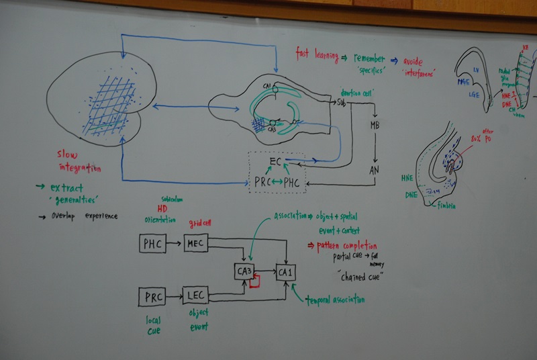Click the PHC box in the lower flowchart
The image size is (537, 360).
click(152, 244)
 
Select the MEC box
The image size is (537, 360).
click(196, 243)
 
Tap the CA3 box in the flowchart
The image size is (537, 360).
click(243, 272)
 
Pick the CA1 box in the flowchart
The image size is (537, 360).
click(286, 273)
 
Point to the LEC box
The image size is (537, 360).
click(195, 295)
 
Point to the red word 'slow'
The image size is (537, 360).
click(68, 155)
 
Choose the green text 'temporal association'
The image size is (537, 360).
click(336, 298)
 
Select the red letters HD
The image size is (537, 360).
click(163, 208)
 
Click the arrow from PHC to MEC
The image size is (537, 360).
click(174, 244)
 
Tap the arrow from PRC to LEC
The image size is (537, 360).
click(173, 295)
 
